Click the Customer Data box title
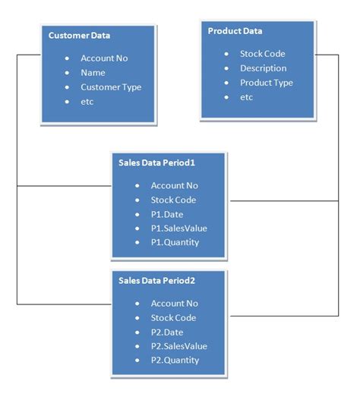pos(79,36)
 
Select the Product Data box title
pos(235,31)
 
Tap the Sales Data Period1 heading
pos(156,162)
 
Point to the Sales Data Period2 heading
pos(156,281)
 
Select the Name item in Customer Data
pos(93,72)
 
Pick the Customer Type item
pos(111,87)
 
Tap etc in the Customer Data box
pos(87,101)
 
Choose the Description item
pos(264,68)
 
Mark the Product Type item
pos(266,83)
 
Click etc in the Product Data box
pos(247,97)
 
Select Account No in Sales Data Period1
pos(174,185)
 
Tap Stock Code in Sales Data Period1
pos(173,200)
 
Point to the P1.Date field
pos(167,214)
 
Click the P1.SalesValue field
pos(178,228)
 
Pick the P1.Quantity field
pos(175,242)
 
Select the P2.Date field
pos(167,332)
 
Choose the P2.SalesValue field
pos(178,346)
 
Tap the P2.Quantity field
pos(175,360)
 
